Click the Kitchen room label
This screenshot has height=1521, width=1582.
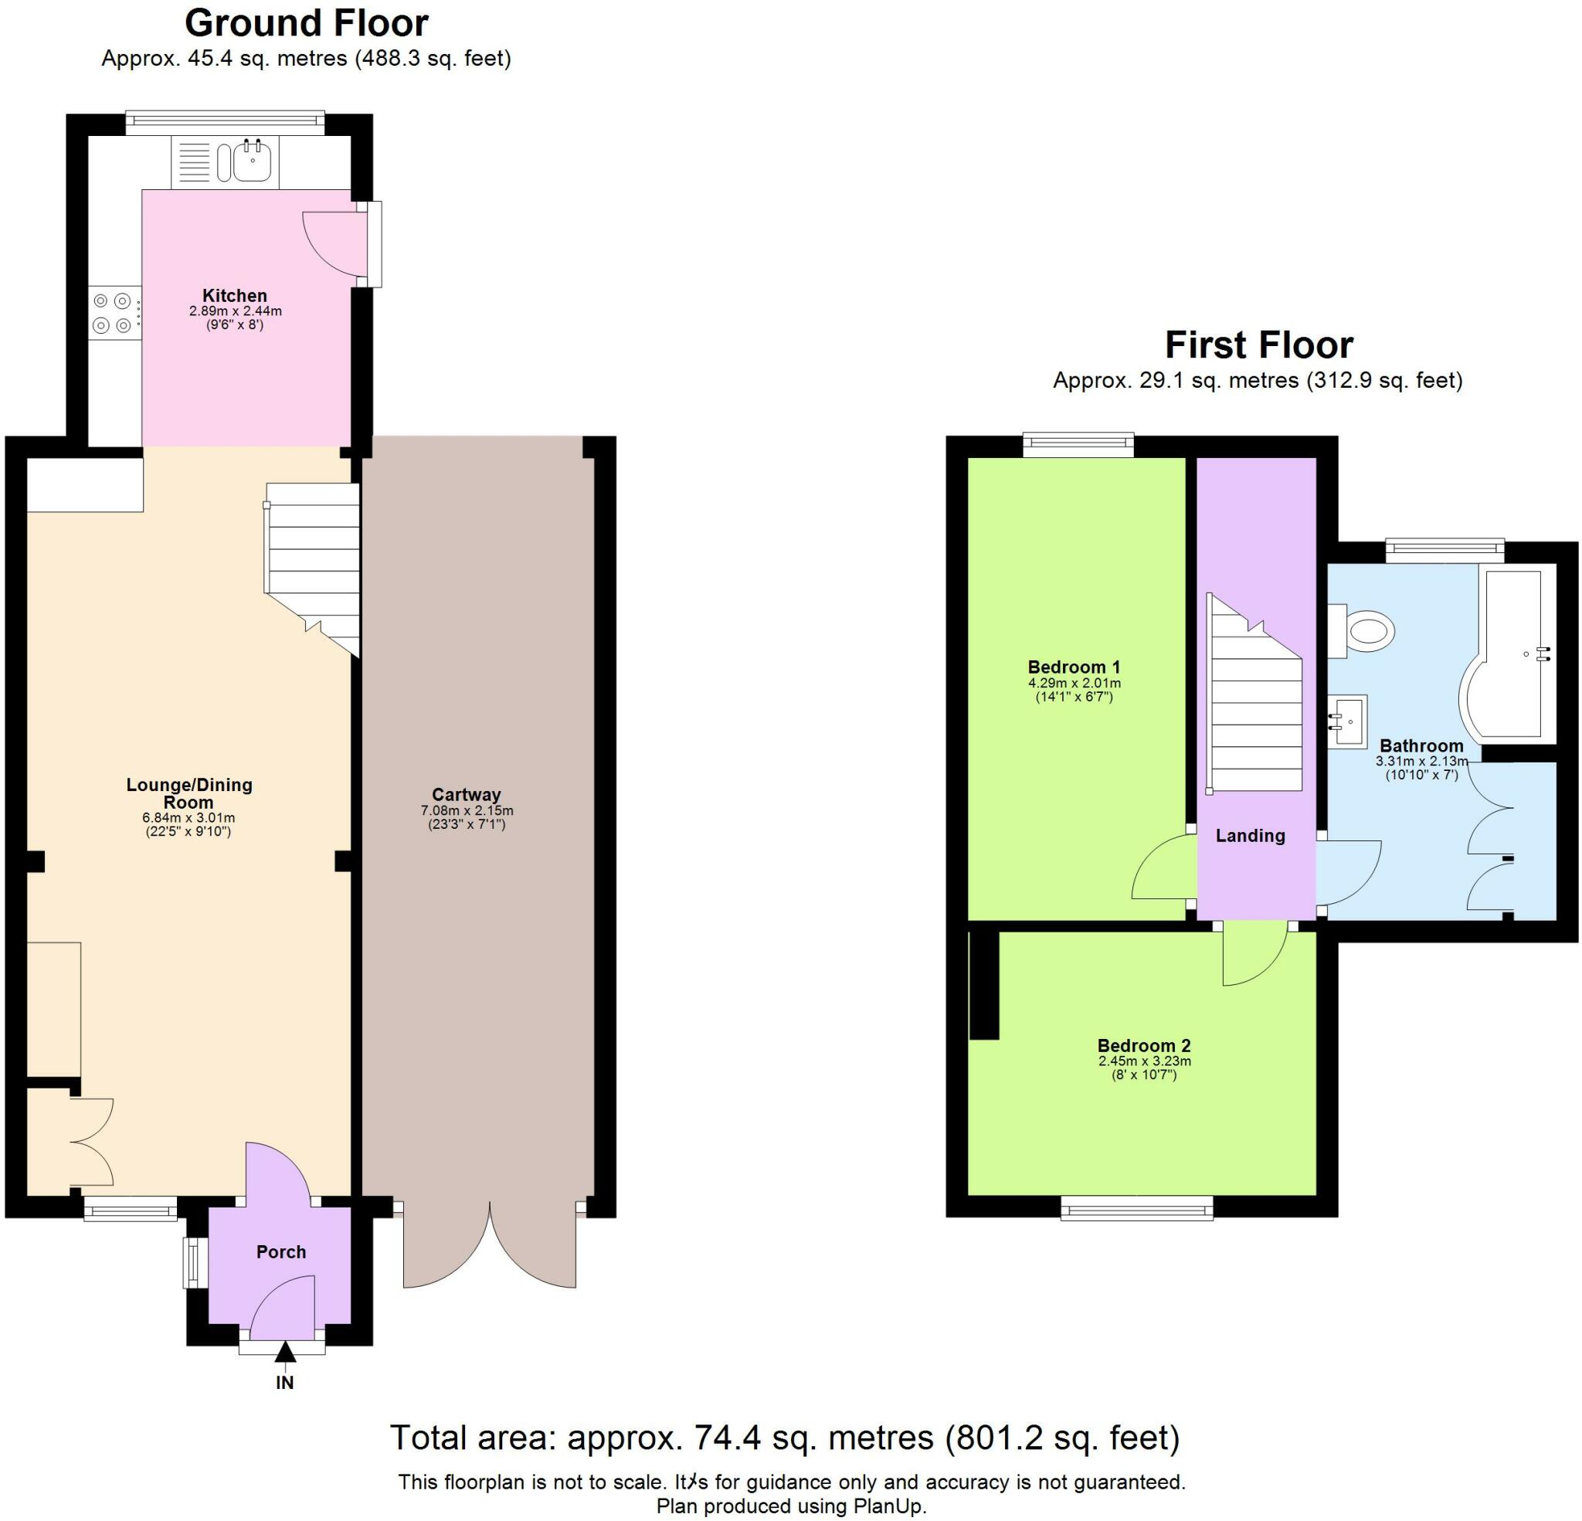(x=234, y=296)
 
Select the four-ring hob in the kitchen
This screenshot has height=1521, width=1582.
(x=112, y=314)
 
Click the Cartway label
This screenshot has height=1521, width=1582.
(x=466, y=794)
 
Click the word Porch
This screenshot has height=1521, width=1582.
(x=281, y=1252)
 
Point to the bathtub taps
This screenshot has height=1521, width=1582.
(x=1543, y=654)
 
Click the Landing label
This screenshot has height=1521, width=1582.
(x=1251, y=836)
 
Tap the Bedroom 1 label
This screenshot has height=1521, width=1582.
(x=1074, y=667)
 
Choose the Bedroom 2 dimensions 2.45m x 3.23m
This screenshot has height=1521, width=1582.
(x=1144, y=1061)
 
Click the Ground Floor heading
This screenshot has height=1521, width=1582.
(x=306, y=23)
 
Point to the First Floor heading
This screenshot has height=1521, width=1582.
(x=1258, y=345)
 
